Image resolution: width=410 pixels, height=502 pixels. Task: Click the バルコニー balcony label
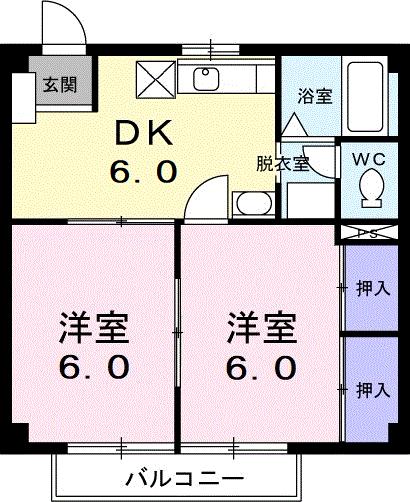click(x=180, y=476)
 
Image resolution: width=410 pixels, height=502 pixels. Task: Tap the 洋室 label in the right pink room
click(x=260, y=327)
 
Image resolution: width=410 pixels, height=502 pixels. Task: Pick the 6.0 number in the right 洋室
click(x=260, y=368)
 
